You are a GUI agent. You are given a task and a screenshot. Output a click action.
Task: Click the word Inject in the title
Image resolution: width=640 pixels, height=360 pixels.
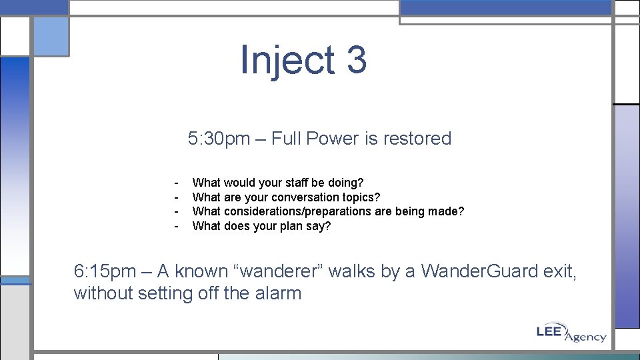tap(287, 60)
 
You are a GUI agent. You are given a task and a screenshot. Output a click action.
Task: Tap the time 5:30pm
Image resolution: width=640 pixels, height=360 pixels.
tap(219, 139)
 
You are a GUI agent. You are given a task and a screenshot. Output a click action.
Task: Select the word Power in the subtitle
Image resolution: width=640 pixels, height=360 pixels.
tap(333, 139)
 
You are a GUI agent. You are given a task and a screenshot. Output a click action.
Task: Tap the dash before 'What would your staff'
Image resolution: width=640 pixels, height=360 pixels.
tap(176, 183)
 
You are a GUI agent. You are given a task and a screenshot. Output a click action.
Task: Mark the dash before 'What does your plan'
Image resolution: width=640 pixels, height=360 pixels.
tap(176, 226)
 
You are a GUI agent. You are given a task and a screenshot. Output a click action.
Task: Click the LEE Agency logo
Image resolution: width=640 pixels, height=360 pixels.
tap(571, 333)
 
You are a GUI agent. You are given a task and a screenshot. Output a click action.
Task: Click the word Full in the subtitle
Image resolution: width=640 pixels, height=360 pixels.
tap(286, 139)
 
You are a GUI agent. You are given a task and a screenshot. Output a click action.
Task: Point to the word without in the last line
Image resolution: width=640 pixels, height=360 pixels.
tap(103, 293)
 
